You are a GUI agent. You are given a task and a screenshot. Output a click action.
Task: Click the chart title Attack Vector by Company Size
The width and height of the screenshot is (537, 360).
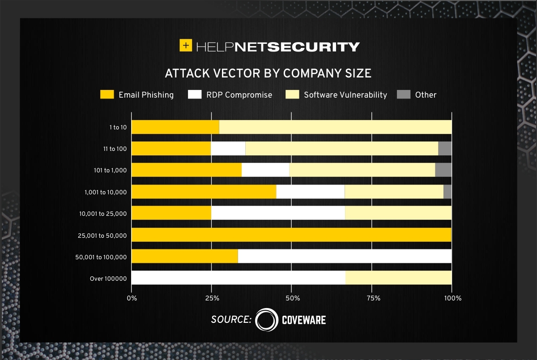(268, 73)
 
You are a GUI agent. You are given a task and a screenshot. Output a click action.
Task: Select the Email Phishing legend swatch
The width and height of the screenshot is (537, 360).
(107, 94)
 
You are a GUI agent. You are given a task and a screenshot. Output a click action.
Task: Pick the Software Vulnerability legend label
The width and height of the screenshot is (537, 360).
(345, 95)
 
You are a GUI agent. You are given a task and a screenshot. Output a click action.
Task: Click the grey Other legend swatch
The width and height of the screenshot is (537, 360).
(404, 94)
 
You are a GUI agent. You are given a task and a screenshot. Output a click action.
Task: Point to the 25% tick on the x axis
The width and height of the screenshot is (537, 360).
(211, 298)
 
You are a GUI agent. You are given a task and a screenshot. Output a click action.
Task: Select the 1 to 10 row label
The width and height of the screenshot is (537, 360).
(118, 127)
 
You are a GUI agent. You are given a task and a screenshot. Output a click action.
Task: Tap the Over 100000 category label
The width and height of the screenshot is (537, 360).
(109, 279)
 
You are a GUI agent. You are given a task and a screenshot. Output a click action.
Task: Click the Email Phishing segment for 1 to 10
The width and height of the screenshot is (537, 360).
(175, 127)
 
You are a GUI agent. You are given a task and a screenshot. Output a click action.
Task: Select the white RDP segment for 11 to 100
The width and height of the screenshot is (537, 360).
(228, 149)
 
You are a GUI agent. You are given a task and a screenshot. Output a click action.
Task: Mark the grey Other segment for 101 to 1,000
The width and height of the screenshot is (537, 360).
(443, 170)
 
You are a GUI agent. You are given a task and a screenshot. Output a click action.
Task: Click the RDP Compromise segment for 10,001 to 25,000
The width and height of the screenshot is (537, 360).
(278, 213)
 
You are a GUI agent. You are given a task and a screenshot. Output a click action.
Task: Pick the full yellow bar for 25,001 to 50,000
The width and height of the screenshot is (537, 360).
(291, 235)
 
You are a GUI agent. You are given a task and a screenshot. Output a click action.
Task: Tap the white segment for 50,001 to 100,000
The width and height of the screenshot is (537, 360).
(345, 256)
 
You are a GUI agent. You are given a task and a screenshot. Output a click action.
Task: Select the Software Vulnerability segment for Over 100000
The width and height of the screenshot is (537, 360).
(398, 278)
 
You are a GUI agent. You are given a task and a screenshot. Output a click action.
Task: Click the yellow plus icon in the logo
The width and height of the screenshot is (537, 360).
(186, 46)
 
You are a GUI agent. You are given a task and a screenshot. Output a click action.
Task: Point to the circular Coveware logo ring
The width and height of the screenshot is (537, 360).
(267, 320)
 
